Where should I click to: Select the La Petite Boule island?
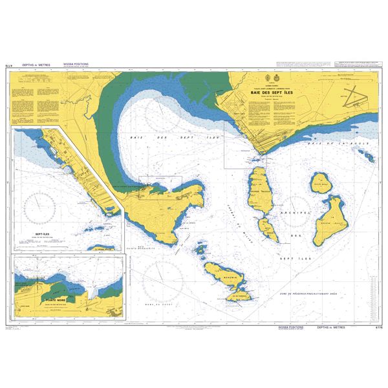click(321, 186)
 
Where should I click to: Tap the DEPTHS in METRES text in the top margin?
click(36, 65)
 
